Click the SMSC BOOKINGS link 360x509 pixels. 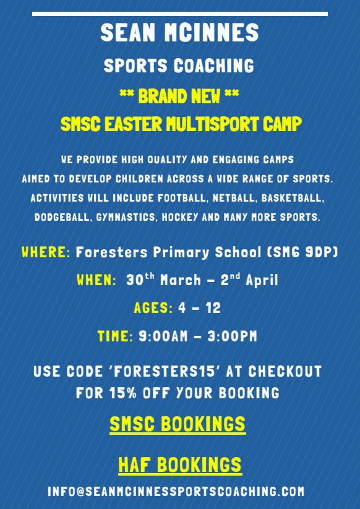[x=178, y=425]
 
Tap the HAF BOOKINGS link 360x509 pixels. [x=179, y=464]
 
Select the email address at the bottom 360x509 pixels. [x=176, y=492]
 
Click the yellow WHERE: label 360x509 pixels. [x=46, y=252]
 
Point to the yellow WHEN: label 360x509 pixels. [x=96, y=280]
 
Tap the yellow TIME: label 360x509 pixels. [x=115, y=336]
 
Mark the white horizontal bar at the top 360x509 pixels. [x=180, y=14]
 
